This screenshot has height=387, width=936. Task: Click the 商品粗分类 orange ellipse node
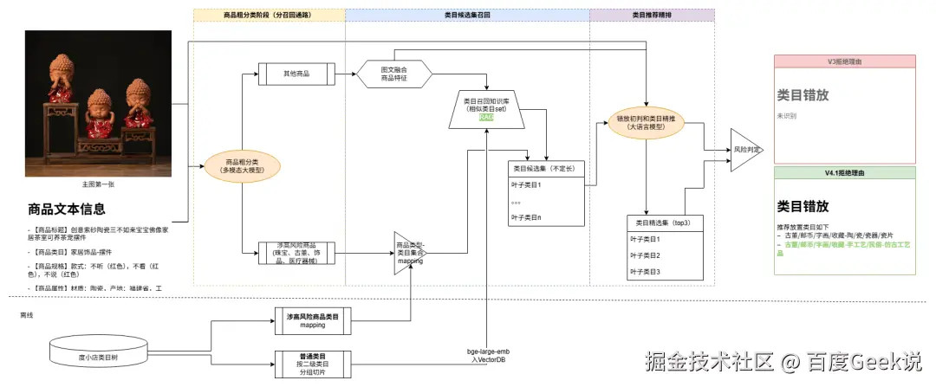click(236, 166)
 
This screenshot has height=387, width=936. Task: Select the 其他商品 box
click(296, 73)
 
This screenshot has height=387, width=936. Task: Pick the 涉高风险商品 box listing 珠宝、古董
click(296, 255)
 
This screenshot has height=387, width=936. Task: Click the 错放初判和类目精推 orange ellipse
click(646, 123)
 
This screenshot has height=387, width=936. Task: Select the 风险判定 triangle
click(744, 150)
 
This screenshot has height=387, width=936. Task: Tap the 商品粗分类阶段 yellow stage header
click(269, 16)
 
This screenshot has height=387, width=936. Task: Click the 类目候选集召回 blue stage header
click(467, 16)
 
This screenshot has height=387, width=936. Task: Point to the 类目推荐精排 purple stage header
click(652, 16)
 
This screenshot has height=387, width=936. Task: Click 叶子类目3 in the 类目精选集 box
click(646, 272)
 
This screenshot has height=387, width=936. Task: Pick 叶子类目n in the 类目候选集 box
click(528, 216)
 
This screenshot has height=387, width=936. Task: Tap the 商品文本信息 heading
click(67, 209)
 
